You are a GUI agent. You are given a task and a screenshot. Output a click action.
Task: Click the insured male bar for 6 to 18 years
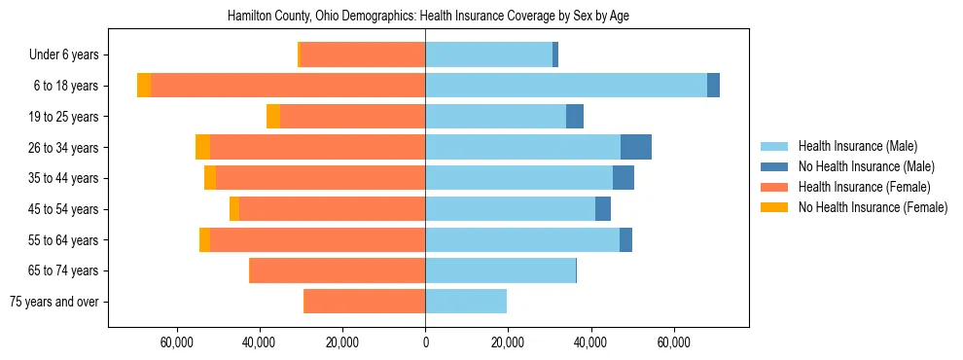[x=566, y=86]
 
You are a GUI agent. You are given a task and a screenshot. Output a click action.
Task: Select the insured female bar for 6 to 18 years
[x=288, y=86]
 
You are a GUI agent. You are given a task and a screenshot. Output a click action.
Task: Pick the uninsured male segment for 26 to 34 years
[x=636, y=147]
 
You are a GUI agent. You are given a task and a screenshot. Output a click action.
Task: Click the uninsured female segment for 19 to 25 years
[x=273, y=117]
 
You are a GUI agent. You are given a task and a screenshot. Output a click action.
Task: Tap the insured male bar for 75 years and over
[x=466, y=302]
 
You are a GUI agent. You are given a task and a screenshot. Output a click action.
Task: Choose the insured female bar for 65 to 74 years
[x=338, y=270]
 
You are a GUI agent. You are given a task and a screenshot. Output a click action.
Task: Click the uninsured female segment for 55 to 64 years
[x=204, y=239]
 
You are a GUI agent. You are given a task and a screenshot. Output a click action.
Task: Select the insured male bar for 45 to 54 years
[x=510, y=209]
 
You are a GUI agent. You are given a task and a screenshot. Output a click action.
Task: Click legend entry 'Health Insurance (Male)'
[x=857, y=146]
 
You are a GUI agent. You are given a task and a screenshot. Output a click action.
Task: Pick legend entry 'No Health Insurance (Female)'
[x=873, y=207]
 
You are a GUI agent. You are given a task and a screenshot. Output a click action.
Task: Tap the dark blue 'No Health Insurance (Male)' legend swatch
[x=774, y=166]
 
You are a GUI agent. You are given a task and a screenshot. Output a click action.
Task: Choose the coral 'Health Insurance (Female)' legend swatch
[x=774, y=187]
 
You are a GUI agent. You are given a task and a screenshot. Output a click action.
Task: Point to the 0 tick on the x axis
[x=425, y=342]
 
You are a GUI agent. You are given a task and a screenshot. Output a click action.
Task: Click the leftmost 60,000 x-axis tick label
[x=176, y=342]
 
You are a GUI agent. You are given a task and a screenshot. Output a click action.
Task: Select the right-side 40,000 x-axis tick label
[x=590, y=342]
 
